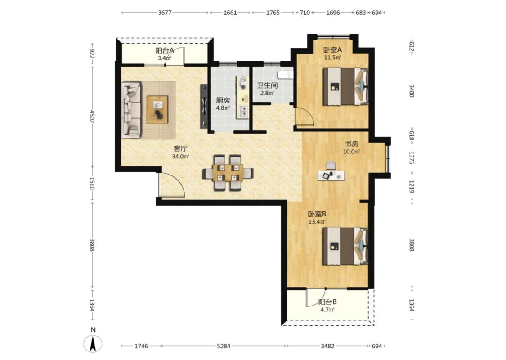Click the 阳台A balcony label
coord(165,51)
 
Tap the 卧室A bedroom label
coord(333,50)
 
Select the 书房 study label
coord(352,144)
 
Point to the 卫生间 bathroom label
coord(267,85)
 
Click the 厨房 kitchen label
coord(223,100)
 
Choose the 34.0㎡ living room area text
coord(180,157)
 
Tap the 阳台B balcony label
coord(327,302)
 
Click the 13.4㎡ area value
coord(317,222)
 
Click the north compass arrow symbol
coord(93,343)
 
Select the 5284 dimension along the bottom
coord(224,346)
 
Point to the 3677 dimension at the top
coord(165,13)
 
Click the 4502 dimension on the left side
coord(92,117)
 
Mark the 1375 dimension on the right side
coord(412,157)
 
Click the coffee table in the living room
coord(157,109)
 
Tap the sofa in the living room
coord(131,110)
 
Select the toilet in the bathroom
coord(286,75)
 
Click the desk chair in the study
coord(331,165)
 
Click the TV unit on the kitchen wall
coord(204,106)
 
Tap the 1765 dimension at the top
coord(273,13)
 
